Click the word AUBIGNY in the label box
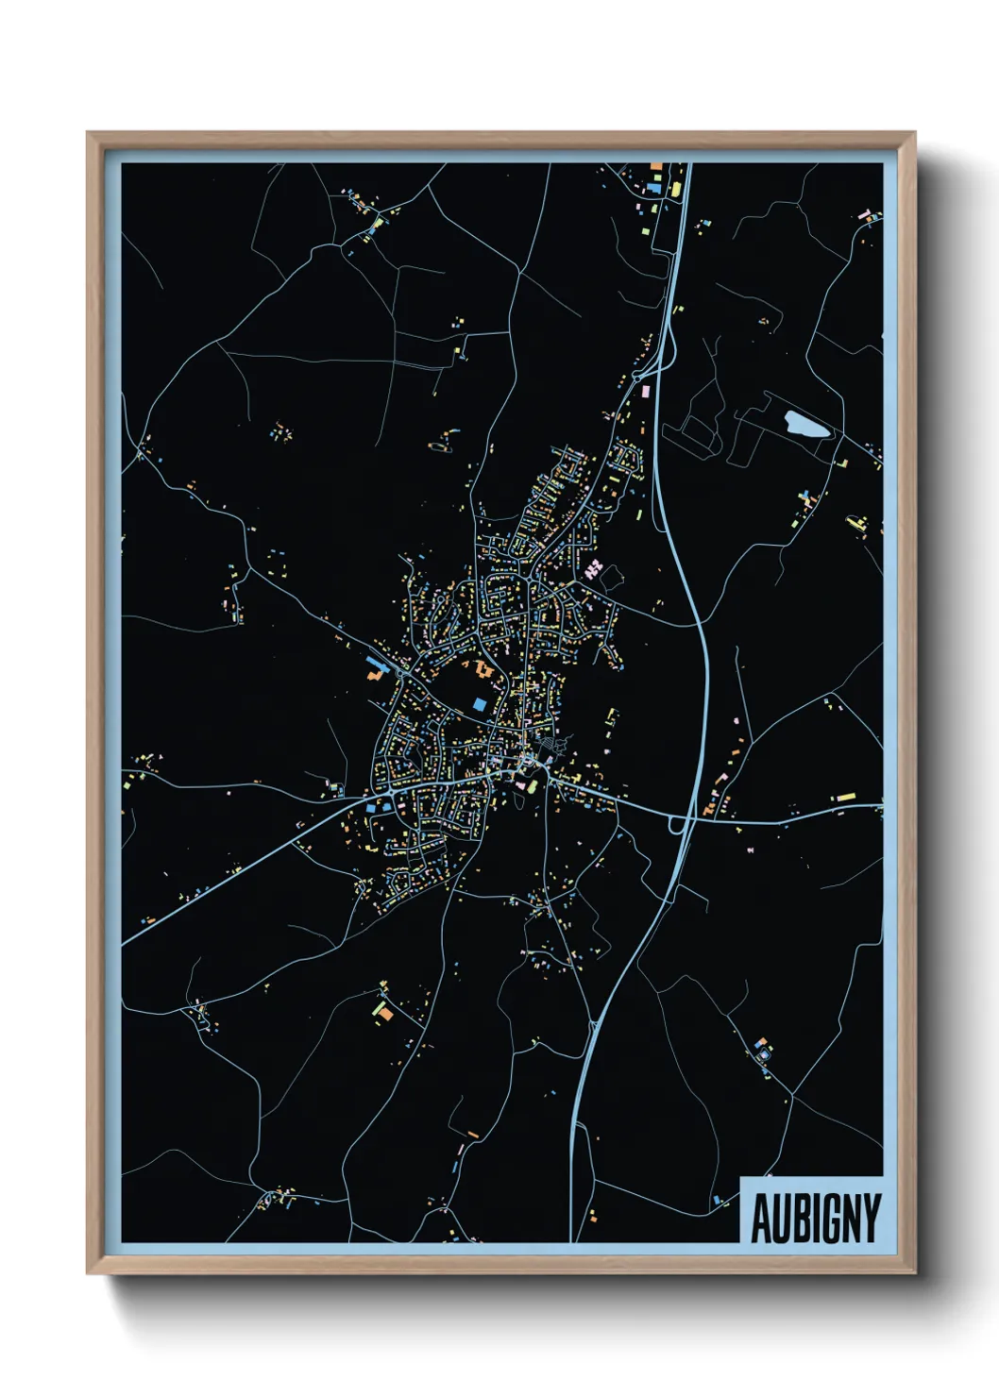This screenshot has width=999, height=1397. [815, 1218]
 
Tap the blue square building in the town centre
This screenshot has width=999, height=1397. [480, 704]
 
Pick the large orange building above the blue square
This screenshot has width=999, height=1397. [485, 671]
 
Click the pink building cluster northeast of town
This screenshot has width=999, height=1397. [594, 568]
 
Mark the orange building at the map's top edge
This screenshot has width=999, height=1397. [656, 167]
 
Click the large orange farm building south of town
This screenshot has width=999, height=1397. [386, 1013]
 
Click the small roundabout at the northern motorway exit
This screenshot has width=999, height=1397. [661, 362]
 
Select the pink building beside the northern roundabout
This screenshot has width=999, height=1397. [647, 389]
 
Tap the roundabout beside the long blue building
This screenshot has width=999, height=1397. [405, 673]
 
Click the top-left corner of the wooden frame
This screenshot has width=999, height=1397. [88, 134]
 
